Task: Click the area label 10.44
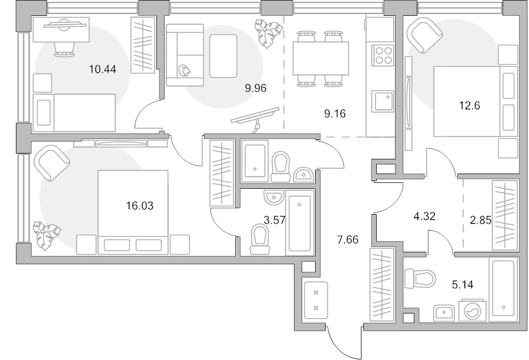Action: (102, 69)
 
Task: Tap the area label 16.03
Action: (140, 205)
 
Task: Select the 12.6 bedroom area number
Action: (470, 106)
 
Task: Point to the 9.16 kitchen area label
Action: (335, 114)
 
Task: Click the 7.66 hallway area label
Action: (348, 240)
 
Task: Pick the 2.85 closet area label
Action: (481, 220)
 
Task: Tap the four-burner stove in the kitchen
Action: (383, 55)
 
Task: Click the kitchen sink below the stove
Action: (383, 101)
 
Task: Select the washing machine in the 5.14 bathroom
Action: (473, 310)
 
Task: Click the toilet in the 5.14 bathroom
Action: (420, 279)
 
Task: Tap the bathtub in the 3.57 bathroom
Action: (300, 223)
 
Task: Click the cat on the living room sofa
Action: (185, 71)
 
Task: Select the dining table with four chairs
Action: (320, 58)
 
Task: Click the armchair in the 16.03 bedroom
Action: (52, 163)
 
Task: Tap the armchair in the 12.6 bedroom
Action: (424, 35)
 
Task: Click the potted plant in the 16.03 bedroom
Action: (46, 236)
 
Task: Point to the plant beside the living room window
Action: (269, 34)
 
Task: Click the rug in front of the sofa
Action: (223, 56)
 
